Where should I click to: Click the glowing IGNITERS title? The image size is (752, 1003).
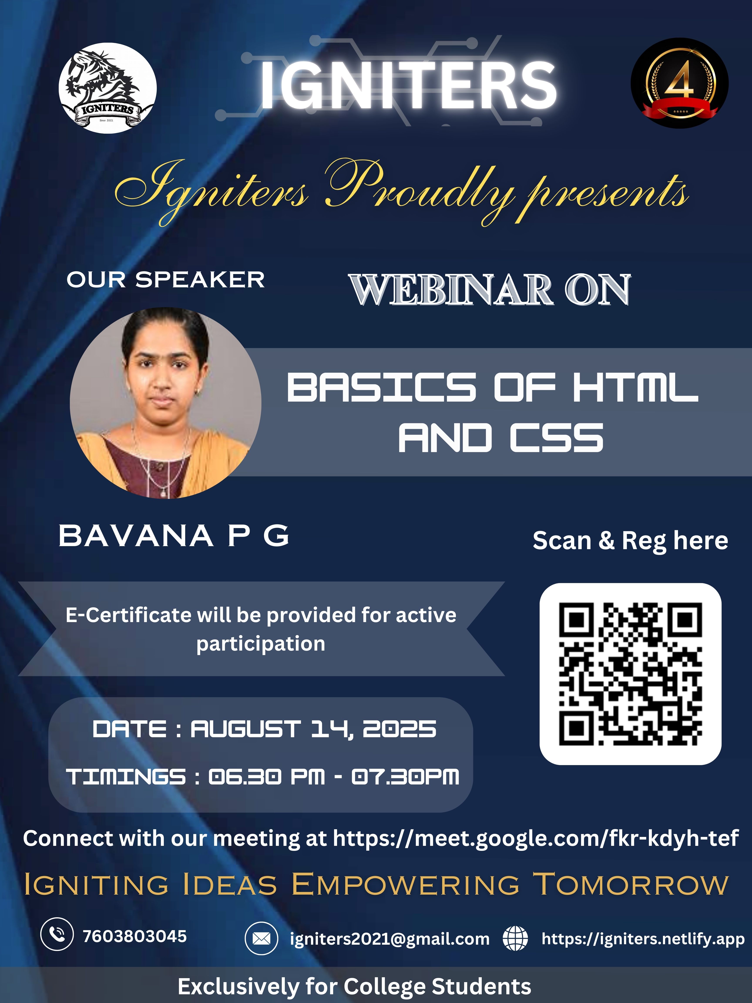408,85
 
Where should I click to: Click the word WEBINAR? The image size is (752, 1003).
451,290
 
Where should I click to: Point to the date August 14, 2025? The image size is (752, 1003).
313,729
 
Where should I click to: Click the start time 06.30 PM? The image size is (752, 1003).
267,777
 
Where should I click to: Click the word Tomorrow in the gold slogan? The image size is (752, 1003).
630,884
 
